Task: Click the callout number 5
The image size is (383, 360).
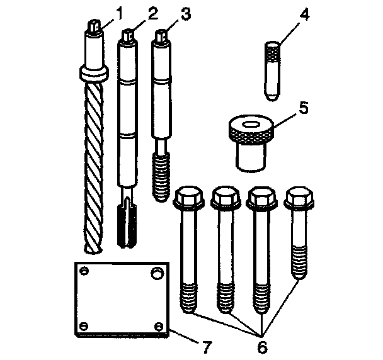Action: click(303, 107)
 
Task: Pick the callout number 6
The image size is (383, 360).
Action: click(261, 346)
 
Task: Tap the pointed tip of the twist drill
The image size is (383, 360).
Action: click(93, 250)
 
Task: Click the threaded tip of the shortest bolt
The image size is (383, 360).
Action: click(300, 264)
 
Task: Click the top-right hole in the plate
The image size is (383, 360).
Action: click(154, 273)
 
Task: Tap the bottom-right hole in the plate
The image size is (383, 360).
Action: click(158, 325)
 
